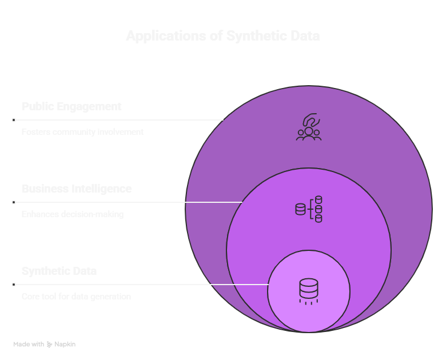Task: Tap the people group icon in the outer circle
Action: click(309, 127)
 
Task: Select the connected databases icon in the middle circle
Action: click(309, 209)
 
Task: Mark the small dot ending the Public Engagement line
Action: click(13, 120)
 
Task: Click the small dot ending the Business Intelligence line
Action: click(13, 202)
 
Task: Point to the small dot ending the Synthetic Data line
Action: click(13, 285)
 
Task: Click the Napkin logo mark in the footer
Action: click(50, 345)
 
